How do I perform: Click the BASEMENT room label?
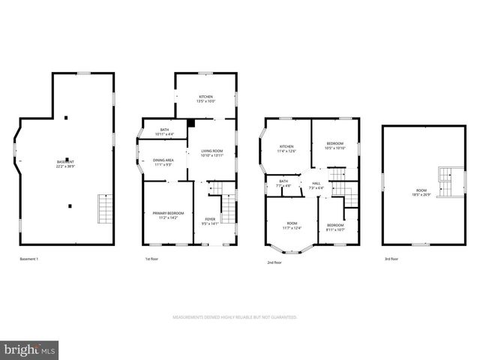66,163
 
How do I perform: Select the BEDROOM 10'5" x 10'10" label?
334,145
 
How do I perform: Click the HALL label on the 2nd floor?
316,185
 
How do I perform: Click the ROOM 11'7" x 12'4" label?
292,225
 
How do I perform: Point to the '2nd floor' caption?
274,262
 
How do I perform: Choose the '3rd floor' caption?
390,259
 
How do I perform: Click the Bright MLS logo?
30,349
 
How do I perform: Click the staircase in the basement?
104,208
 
